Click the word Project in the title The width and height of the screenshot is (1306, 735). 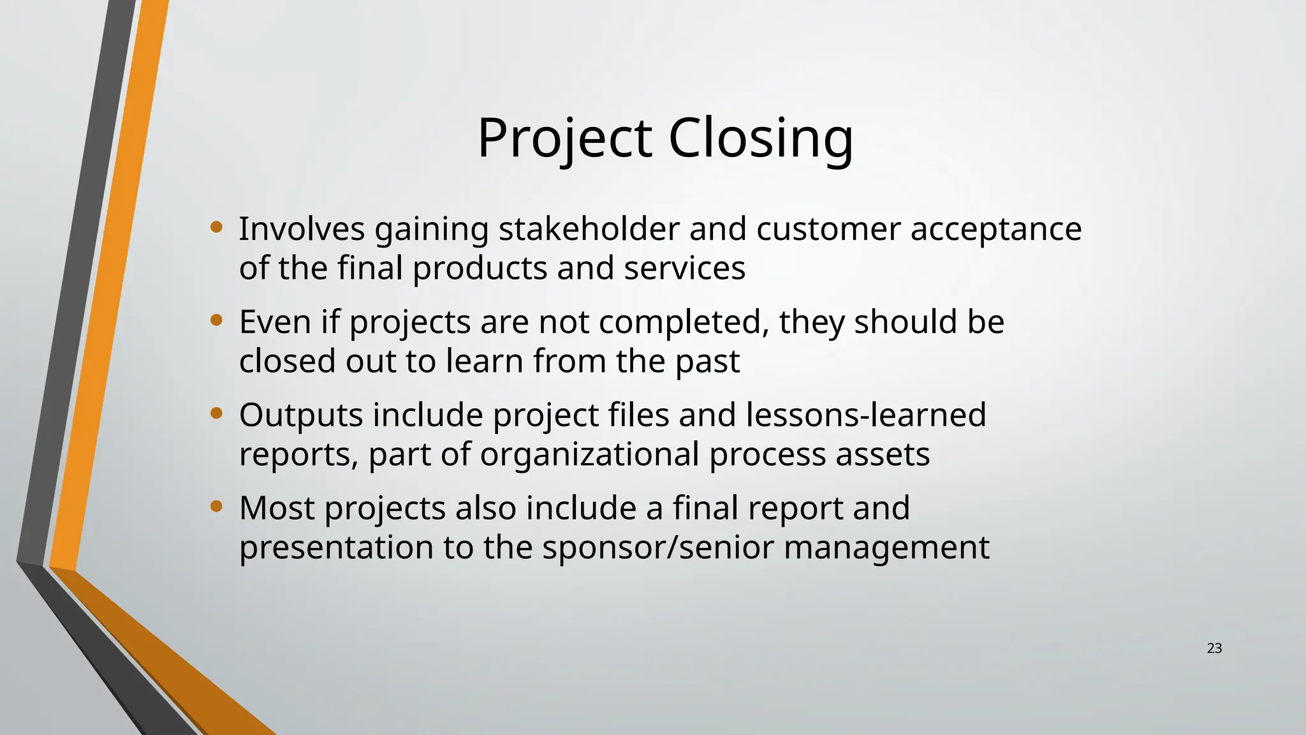point(564,138)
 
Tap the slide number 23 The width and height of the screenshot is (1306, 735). point(1214,648)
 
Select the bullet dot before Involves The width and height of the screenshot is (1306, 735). point(216,226)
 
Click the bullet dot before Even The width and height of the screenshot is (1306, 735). point(216,320)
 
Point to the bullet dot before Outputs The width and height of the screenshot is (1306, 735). point(216,413)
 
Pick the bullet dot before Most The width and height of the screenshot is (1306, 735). point(216,507)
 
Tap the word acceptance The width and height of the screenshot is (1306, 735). point(995,230)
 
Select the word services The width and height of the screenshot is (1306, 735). point(684,268)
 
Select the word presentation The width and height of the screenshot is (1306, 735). point(336,549)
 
